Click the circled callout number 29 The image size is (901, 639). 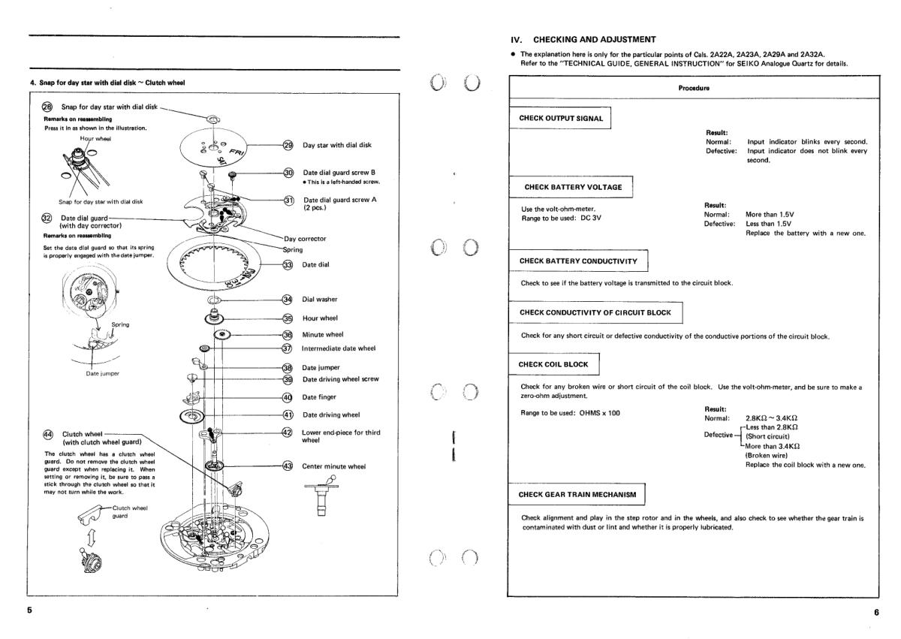point(288,145)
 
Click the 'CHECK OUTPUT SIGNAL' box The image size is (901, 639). point(561,118)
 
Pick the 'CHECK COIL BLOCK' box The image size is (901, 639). point(555,364)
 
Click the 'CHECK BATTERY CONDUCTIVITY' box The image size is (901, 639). point(578,261)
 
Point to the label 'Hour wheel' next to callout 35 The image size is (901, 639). point(320,318)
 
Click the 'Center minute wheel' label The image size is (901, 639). point(334,466)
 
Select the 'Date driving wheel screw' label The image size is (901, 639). point(342,379)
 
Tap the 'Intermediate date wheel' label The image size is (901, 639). point(339,348)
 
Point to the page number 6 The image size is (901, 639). point(875,612)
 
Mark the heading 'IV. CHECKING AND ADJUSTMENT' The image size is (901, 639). point(583,39)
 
